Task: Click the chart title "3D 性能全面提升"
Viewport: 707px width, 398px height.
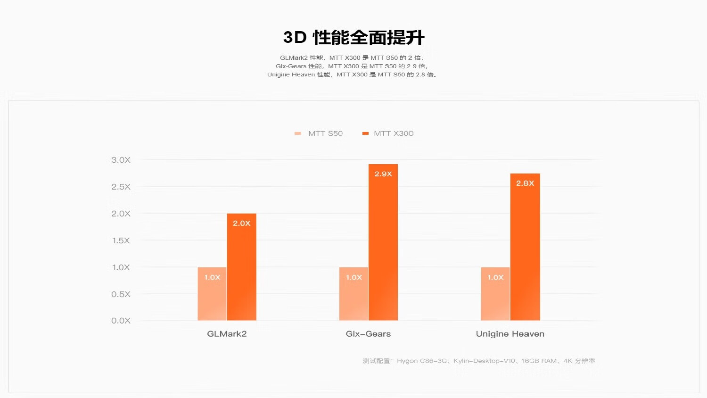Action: click(x=353, y=38)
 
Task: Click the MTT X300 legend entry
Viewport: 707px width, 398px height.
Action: click(x=388, y=133)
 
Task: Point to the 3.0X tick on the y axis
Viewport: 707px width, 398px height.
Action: click(x=121, y=160)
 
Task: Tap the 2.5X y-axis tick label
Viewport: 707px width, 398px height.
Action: click(x=121, y=187)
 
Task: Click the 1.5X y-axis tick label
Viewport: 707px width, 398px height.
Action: click(x=121, y=240)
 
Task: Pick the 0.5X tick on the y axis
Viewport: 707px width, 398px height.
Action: click(x=121, y=294)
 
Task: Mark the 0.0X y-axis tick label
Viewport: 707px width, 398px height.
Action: click(x=121, y=321)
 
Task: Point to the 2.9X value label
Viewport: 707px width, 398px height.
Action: click(x=383, y=174)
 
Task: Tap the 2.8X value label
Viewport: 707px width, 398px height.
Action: click(x=525, y=183)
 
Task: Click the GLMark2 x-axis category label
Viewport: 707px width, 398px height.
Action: click(x=227, y=334)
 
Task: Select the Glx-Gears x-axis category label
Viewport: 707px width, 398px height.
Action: click(x=368, y=334)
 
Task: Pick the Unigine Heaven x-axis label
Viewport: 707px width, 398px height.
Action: click(x=510, y=334)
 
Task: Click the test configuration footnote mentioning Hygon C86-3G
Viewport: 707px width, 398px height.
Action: click(x=478, y=361)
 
